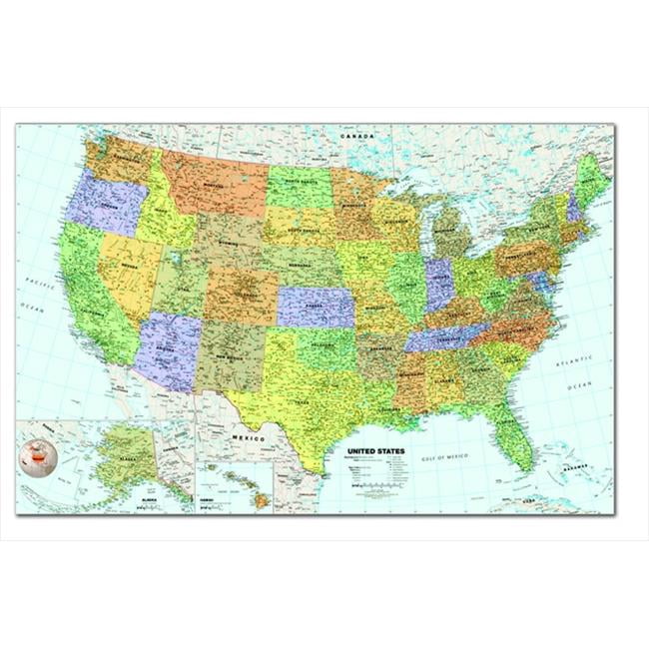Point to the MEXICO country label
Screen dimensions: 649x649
(249, 437)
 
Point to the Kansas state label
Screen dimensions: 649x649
(318, 308)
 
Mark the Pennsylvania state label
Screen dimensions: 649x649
(527, 258)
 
